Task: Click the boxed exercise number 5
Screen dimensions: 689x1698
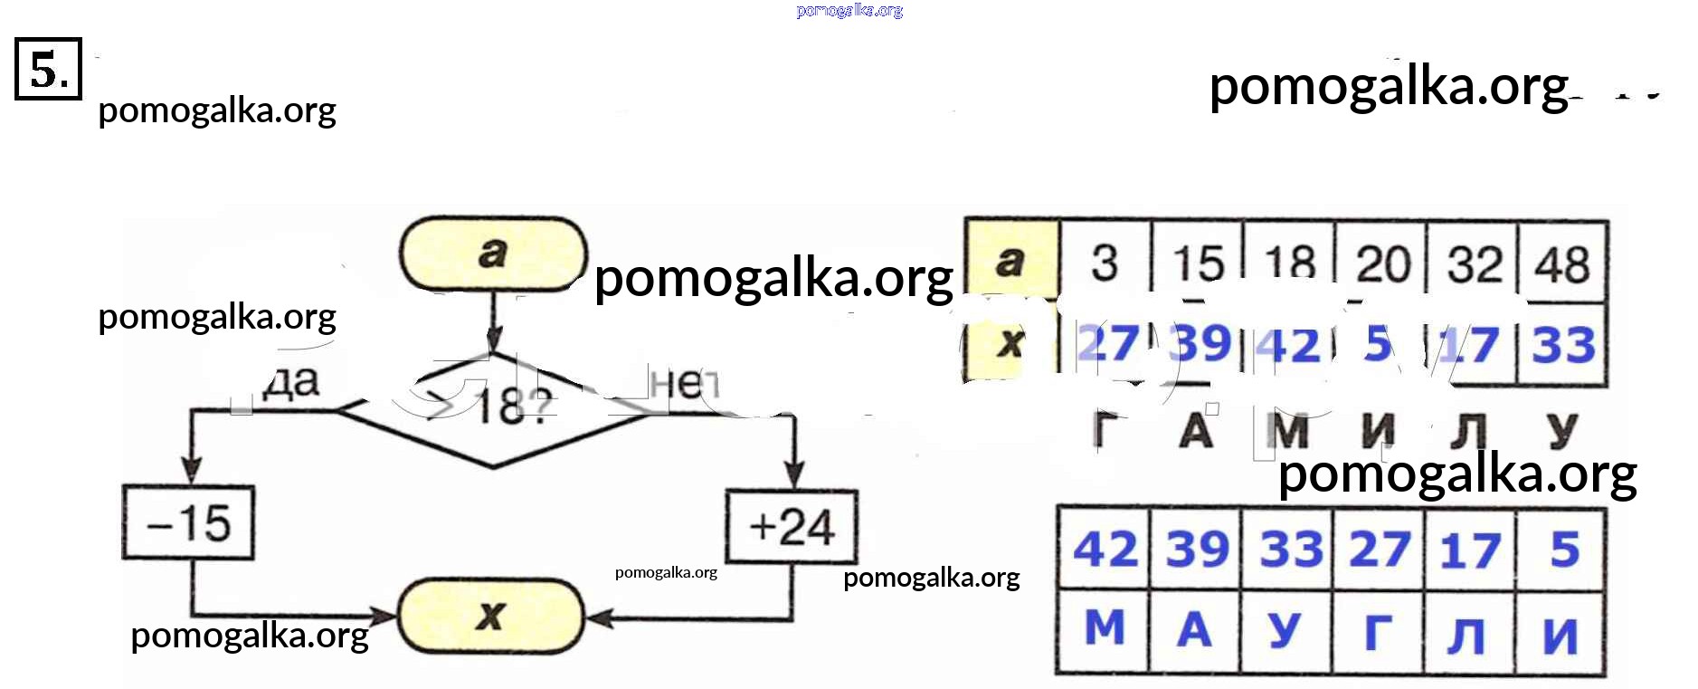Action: pos(48,69)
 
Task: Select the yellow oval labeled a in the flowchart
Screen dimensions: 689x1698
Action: pos(493,254)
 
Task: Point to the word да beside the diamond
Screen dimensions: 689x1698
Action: pos(291,381)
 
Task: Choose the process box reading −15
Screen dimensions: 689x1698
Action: pos(188,523)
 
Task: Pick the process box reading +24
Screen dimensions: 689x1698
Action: pos(792,527)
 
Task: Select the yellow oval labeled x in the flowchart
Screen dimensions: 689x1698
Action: pos(491,617)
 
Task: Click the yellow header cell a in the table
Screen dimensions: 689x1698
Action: pos(1012,261)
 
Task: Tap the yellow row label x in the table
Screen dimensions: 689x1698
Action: pos(1010,343)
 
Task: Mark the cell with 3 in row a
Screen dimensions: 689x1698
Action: pos(1105,263)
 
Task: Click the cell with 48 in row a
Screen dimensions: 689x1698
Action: pos(1562,263)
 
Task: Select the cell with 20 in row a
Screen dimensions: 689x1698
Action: pos(1382,263)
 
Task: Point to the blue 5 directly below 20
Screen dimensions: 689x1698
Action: pos(1379,344)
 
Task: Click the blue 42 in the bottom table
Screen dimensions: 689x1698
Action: pos(1105,550)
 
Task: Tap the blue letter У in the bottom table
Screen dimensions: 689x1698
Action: pos(1285,630)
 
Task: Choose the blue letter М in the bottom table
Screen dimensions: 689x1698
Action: pos(1105,627)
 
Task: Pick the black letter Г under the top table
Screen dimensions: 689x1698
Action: pos(1105,429)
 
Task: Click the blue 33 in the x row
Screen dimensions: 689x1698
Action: pos(1562,345)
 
